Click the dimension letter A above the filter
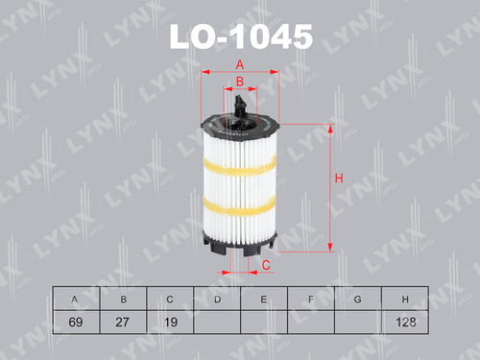coord(239,64)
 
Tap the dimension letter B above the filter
coord(240,83)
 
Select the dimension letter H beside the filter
coord(339,178)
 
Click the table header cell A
coord(75,300)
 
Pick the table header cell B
coord(122,300)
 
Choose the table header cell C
coord(169,300)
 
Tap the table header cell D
coord(217,300)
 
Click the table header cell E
coord(264,300)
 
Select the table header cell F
coord(311,300)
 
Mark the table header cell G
coord(358,300)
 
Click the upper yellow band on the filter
coord(239,162)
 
